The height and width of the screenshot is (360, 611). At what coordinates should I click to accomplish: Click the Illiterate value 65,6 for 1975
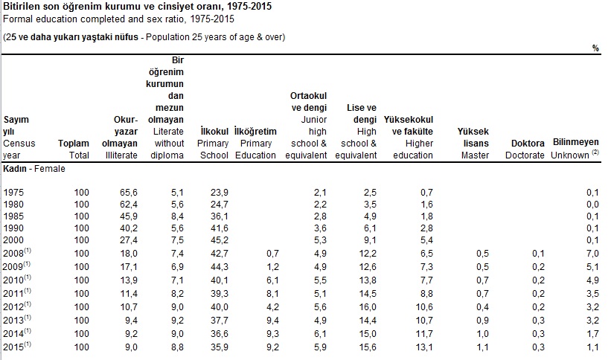click(x=128, y=192)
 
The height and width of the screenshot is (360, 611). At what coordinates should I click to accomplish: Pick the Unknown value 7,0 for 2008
click(x=592, y=254)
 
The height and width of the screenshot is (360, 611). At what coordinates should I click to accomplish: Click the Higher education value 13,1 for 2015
click(x=423, y=347)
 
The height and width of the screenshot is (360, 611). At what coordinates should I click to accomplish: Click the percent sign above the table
click(x=595, y=48)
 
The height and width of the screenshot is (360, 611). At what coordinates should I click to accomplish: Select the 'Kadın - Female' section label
click(x=34, y=169)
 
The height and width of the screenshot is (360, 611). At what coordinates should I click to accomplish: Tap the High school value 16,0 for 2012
click(x=368, y=306)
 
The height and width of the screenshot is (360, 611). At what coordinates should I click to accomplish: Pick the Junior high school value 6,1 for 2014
click(x=320, y=334)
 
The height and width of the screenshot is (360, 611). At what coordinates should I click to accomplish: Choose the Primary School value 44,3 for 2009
click(x=219, y=266)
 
